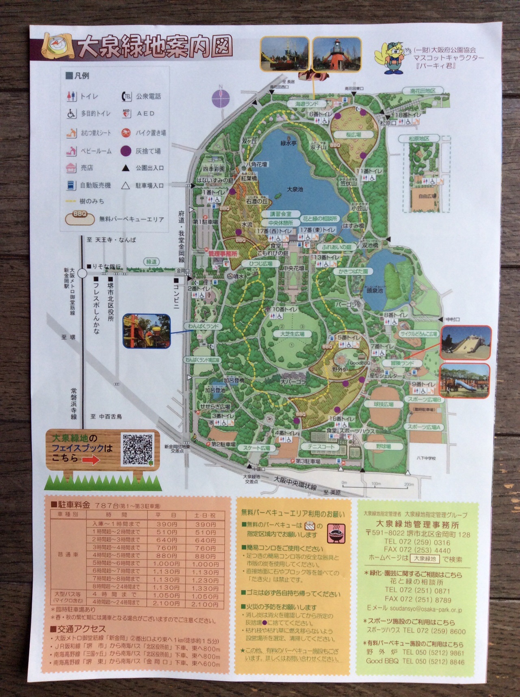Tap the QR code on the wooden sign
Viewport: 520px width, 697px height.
(138, 449)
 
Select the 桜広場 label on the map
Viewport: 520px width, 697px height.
(353, 135)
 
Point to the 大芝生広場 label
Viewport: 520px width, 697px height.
(292, 334)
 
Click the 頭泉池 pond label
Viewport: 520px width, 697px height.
(375, 290)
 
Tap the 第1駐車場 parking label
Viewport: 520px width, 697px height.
(205, 222)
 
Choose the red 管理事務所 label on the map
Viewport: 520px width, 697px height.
(222, 253)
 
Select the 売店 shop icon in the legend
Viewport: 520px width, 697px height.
(71, 168)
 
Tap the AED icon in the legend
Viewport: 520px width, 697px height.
(126, 113)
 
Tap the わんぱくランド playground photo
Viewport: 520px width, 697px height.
(147, 331)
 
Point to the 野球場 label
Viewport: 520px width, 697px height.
(383, 446)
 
